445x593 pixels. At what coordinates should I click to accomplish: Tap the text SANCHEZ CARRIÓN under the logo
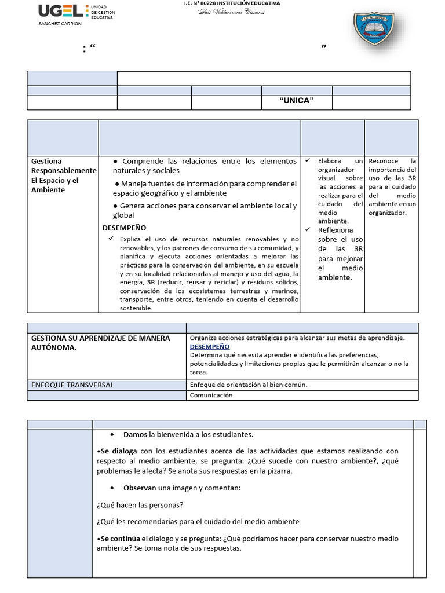click(x=60, y=24)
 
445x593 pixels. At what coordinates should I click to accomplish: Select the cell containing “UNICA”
click(x=296, y=101)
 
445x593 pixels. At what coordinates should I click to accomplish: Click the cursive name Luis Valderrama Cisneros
click(x=231, y=12)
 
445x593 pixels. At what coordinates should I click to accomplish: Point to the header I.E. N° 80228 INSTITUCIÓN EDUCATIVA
click(x=231, y=3)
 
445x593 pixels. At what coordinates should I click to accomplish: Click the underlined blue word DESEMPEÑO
click(x=209, y=346)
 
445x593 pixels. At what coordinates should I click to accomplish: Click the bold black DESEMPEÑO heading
click(x=125, y=228)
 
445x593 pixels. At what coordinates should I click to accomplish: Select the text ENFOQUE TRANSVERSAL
click(x=72, y=385)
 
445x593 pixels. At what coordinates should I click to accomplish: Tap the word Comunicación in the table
click(x=211, y=395)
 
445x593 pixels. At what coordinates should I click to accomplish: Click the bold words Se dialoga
click(x=118, y=451)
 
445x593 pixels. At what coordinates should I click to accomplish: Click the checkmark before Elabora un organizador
click(x=308, y=160)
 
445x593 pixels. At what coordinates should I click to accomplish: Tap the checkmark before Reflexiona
click(x=308, y=229)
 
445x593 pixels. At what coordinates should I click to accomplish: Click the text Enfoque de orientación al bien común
click(x=248, y=385)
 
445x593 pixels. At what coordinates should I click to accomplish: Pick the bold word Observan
click(x=137, y=488)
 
